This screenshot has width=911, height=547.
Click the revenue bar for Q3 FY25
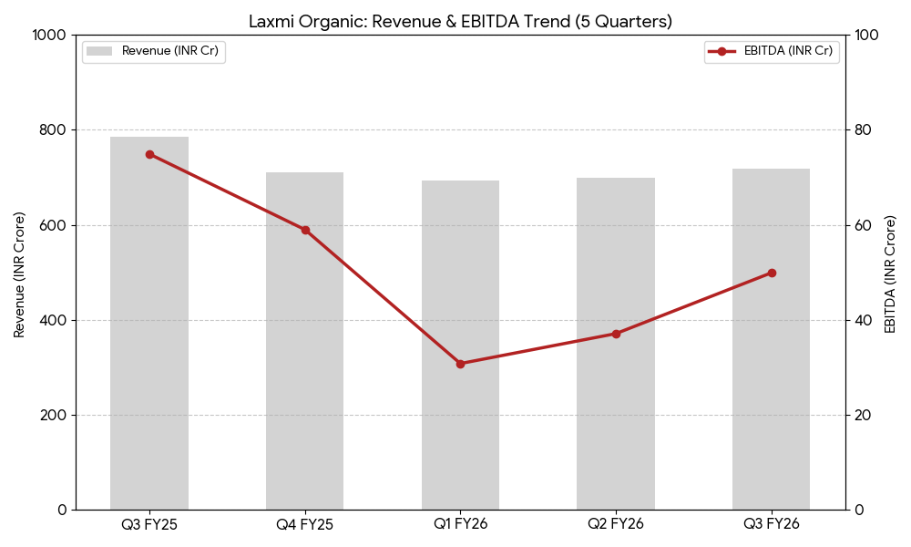point(149,365)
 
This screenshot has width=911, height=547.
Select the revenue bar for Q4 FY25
point(304,383)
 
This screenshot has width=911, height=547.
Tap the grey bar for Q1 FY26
point(460,428)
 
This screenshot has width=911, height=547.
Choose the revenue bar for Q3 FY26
point(771,383)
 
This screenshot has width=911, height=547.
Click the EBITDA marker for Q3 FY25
point(149,154)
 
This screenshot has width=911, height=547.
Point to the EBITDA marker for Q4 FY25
point(305,230)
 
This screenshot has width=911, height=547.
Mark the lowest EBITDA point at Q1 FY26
point(460,364)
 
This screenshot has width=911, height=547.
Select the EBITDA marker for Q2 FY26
point(616,334)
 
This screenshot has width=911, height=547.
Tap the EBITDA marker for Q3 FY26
point(772,273)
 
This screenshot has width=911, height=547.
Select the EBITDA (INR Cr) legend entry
point(772,52)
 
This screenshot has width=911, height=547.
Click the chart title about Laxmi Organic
point(460,21)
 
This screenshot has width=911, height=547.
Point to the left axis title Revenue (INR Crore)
point(19,273)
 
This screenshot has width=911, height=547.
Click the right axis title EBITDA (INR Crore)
point(890,273)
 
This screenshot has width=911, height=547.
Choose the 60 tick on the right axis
point(863,225)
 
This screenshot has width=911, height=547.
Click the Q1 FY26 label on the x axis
point(460,524)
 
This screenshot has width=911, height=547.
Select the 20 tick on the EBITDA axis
point(863,415)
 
